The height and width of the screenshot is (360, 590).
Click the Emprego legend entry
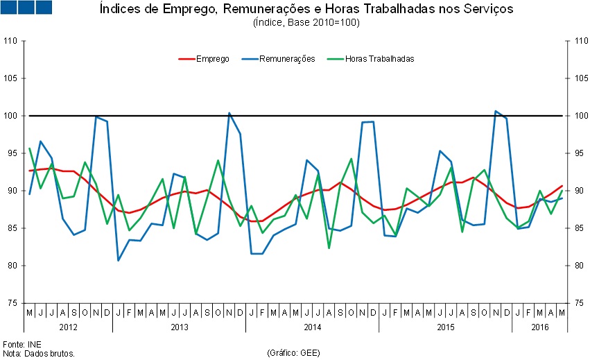click(x=212, y=59)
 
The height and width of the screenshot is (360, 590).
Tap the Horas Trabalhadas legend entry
click(x=379, y=59)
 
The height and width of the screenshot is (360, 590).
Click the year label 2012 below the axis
click(x=68, y=326)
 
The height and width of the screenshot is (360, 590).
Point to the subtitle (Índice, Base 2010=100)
click(x=306, y=23)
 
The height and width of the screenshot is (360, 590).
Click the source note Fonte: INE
click(x=23, y=344)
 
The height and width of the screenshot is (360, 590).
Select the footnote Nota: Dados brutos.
click(x=39, y=353)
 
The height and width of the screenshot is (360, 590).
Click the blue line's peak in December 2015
click(x=496, y=111)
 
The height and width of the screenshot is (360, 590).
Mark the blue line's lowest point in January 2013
click(x=119, y=260)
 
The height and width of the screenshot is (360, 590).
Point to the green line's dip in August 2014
click(x=329, y=248)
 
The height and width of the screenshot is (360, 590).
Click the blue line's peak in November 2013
click(x=229, y=113)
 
